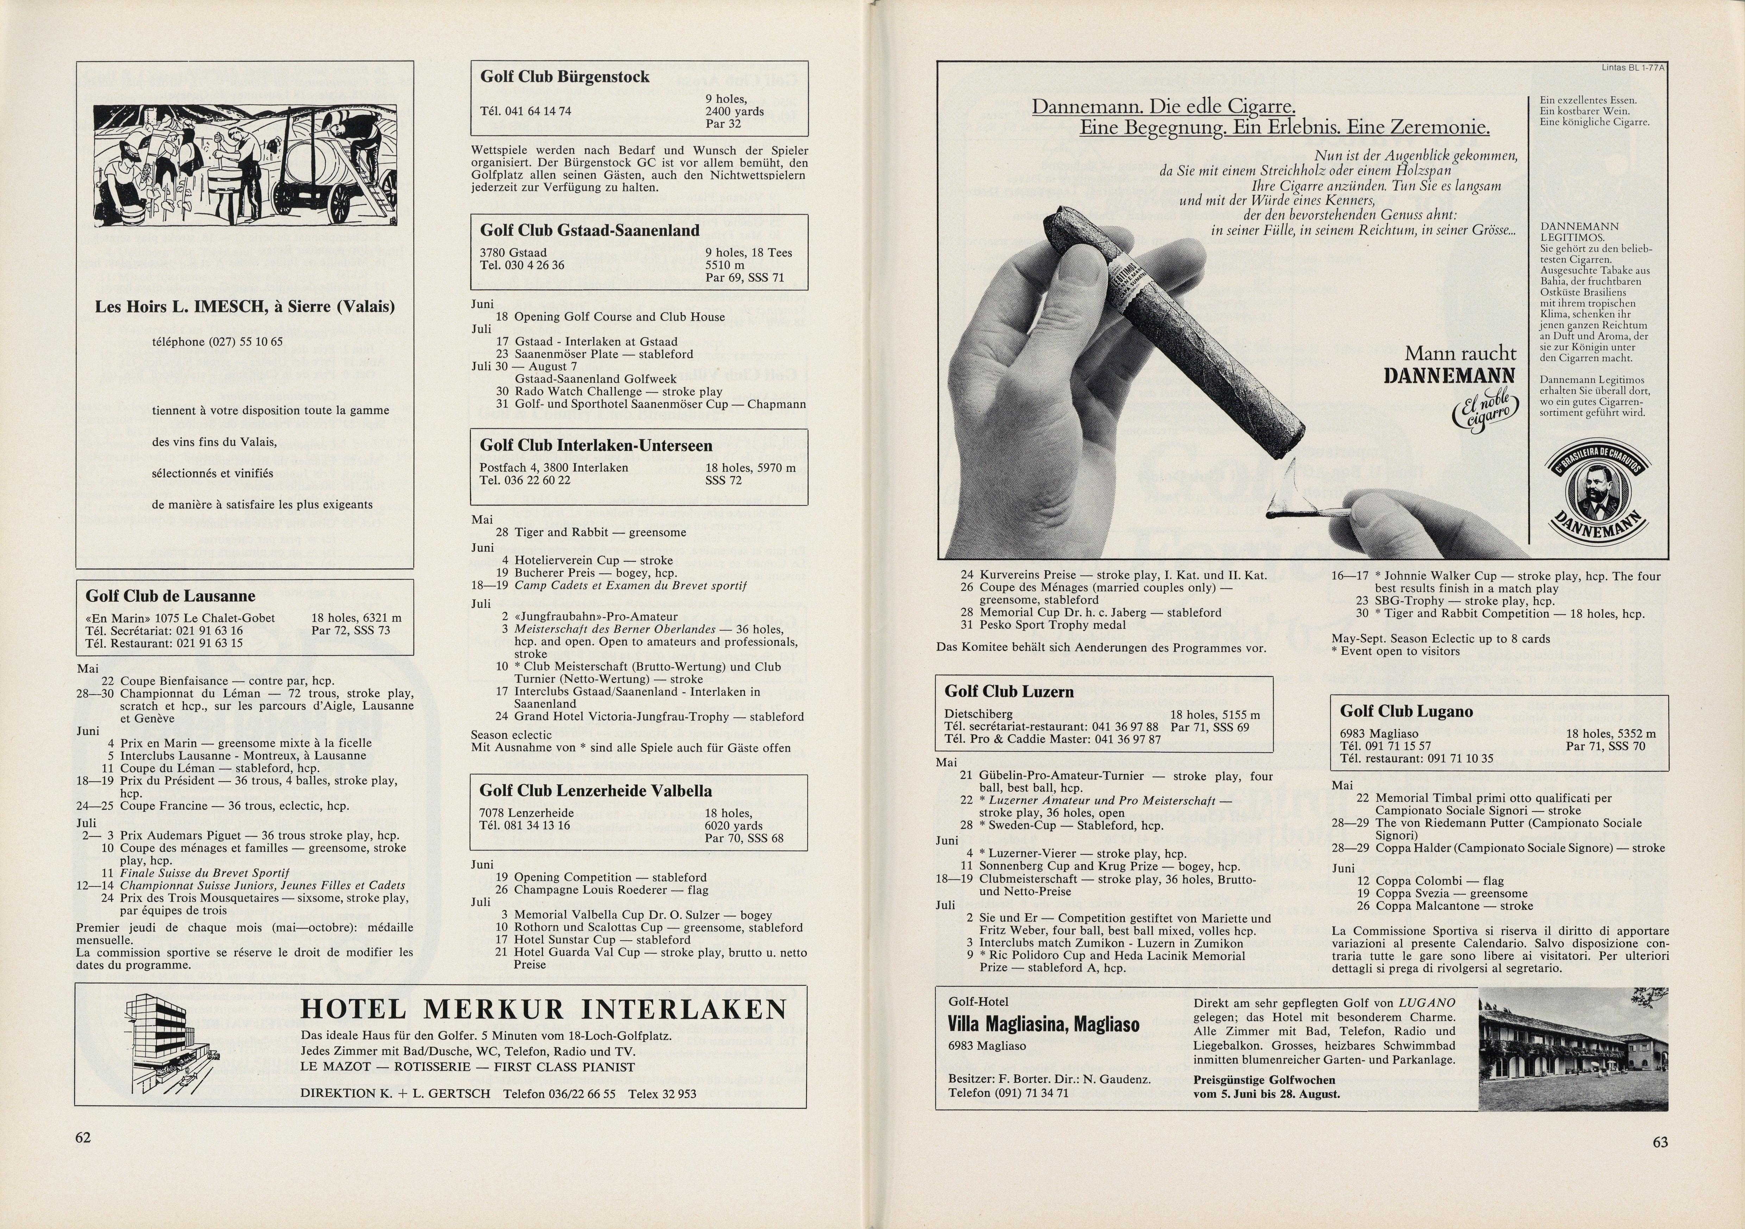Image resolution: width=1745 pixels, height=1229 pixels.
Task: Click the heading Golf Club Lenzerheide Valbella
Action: [596, 790]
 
